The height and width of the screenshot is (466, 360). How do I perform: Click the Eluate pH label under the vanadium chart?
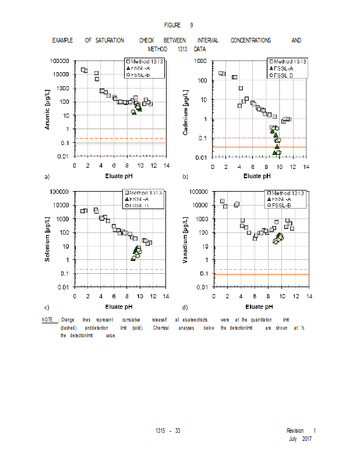coord(259,306)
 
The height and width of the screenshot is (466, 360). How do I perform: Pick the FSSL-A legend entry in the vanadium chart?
coord(282,199)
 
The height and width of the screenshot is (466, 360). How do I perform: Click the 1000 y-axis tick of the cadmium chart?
coord(200,61)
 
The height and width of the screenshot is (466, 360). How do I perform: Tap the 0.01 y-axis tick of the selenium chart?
coord(62,287)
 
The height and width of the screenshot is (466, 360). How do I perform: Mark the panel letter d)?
coord(185,306)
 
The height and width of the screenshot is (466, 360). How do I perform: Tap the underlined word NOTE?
coord(47,320)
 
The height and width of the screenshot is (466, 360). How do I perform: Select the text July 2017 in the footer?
coord(301,438)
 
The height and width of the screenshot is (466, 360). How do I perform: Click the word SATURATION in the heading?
coord(110,40)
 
